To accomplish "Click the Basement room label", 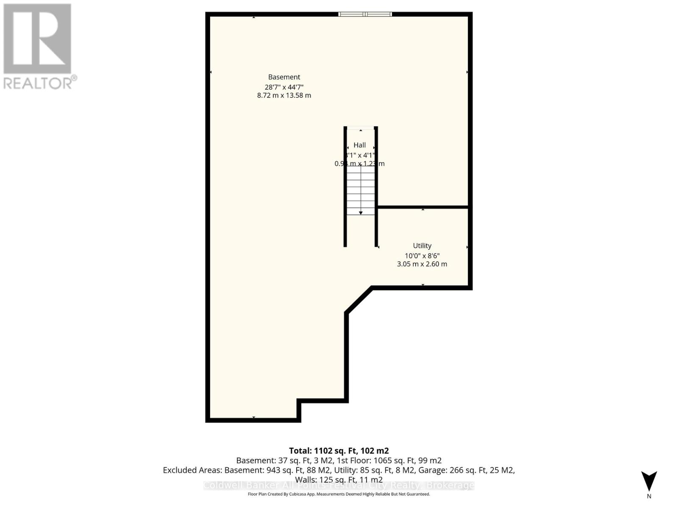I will pos(284,77).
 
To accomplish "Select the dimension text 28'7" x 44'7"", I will pos(284,87).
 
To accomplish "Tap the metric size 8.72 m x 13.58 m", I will pos(284,96).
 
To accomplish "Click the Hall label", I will pos(359,145).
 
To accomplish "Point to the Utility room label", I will pos(422,246).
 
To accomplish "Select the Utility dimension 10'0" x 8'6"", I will pos(422,256).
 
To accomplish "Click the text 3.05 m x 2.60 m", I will pos(422,264).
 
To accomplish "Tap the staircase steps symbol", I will pos(361,190).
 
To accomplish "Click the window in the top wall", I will pos(365,14).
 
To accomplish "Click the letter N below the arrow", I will pos(649,496).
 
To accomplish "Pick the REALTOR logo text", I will pos(40,83).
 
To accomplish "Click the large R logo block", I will pos(37,39).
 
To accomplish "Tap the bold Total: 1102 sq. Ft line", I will pos(339,451).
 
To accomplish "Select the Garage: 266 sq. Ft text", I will pos(466,470).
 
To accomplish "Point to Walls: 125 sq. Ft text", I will pos(339,480).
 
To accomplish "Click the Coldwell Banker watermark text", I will pos(339,486).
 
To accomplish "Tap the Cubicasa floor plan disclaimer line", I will pos(339,494).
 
